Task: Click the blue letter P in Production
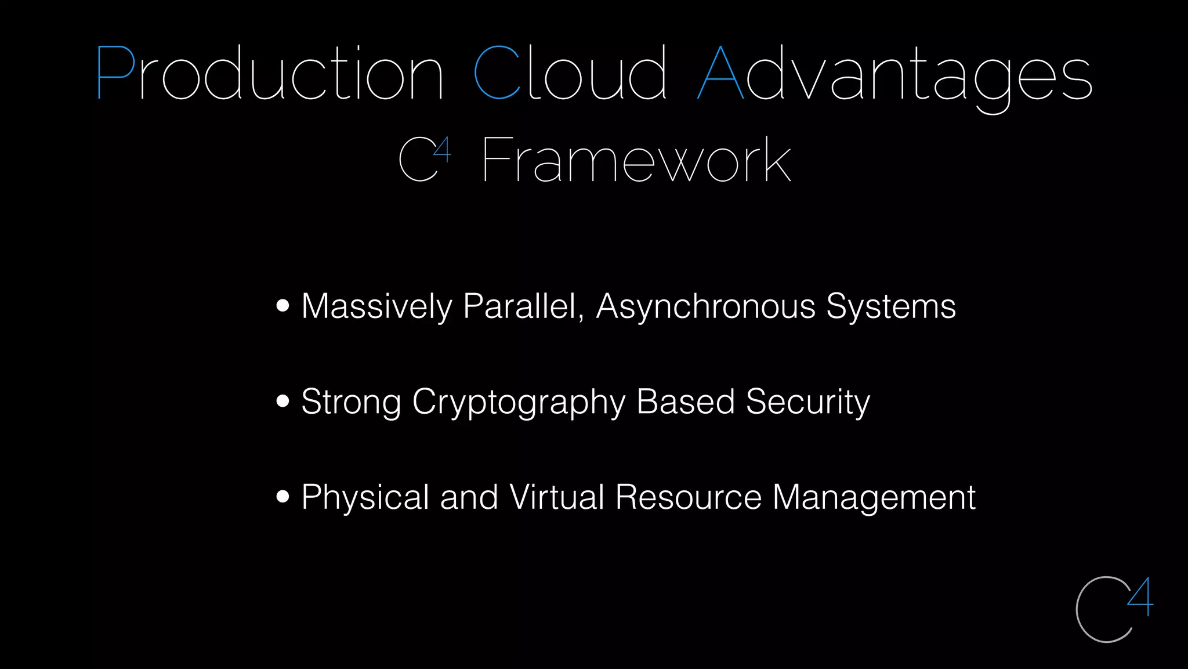click(115, 73)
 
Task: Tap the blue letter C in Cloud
click(497, 73)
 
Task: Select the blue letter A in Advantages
click(720, 73)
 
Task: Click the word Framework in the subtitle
click(636, 160)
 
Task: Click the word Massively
click(376, 306)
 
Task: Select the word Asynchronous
click(705, 306)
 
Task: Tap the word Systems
click(890, 306)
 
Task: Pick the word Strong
click(351, 402)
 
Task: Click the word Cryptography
click(519, 402)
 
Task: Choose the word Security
click(807, 402)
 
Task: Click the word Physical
click(365, 497)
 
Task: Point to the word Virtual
click(557, 497)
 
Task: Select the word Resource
click(688, 497)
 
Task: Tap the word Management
click(874, 497)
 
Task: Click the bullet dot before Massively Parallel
click(282, 306)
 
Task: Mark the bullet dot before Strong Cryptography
click(282, 401)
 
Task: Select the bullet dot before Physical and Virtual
click(282, 497)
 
